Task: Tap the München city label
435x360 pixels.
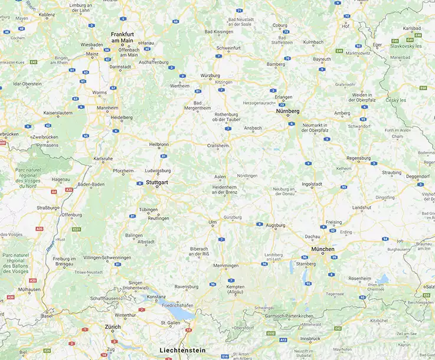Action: [324, 249]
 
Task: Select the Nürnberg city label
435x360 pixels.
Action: [287, 111]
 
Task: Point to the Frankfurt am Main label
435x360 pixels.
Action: [122, 37]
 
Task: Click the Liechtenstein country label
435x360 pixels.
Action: [182, 350]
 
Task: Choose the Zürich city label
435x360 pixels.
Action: [113, 326]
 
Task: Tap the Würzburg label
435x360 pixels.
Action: [210, 76]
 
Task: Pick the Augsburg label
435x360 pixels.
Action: [276, 225]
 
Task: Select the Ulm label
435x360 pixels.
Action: [213, 222]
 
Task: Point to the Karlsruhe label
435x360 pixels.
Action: [103, 158]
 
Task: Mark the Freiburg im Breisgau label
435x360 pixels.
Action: [64, 261]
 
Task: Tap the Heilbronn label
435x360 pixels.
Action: [159, 144]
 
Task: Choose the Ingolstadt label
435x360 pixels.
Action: [312, 184]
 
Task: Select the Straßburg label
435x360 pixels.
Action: [48, 208]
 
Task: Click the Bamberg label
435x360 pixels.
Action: [276, 64]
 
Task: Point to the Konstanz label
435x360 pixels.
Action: [156, 296]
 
